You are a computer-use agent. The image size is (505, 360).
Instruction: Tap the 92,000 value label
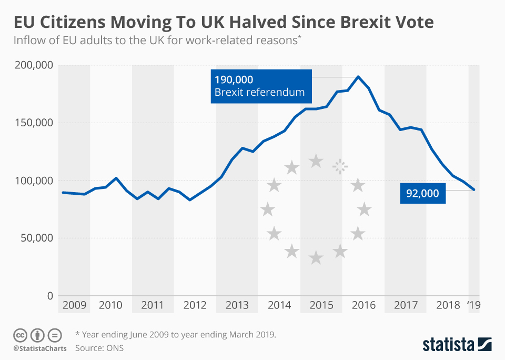(422, 193)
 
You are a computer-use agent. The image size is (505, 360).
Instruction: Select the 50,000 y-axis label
(36, 238)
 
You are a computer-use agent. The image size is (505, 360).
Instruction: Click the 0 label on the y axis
(49, 296)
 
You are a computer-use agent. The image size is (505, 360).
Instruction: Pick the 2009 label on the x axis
(74, 305)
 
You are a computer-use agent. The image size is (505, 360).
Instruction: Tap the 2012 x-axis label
(195, 305)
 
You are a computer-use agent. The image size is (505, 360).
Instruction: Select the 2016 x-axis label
(363, 305)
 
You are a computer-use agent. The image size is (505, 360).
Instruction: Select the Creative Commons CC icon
(20, 335)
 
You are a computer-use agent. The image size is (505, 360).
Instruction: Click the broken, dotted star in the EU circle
(340, 166)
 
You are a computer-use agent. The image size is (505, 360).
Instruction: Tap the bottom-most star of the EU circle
(316, 257)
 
